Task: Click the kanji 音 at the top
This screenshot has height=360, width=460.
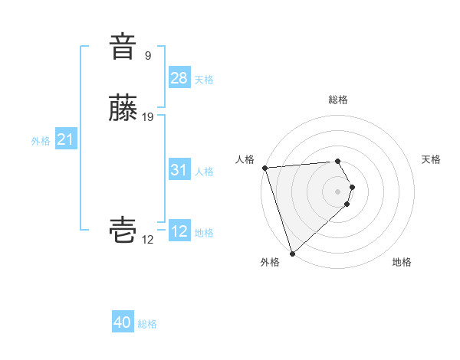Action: click(123, 47)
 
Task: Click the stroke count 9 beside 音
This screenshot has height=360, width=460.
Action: click(148, 56)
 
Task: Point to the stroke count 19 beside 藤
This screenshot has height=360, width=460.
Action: click(148, 117)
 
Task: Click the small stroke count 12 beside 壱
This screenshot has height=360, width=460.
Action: click(148, 239)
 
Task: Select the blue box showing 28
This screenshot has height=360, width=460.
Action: click(179, 78)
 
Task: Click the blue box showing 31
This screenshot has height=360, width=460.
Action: click(179, 170)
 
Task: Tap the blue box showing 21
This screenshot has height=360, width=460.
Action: click(65, 139)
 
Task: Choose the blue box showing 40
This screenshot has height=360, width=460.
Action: click(123, 322)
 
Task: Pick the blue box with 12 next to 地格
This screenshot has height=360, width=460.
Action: click(179, 231)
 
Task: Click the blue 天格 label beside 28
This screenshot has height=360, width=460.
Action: click(204, 80)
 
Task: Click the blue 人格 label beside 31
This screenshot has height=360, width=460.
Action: click(204, 172)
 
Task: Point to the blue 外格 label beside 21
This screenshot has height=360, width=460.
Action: click(41, 141)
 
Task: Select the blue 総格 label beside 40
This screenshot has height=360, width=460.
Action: click(147, 324)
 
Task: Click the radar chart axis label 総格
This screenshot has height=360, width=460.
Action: click(338, 100)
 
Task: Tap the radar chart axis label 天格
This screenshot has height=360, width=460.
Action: click(432, 159)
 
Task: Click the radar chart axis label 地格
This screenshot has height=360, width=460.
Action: click(402, 262)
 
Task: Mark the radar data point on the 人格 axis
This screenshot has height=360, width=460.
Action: click(264, 168)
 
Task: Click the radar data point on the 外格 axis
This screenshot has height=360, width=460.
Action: click(292, 253)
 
